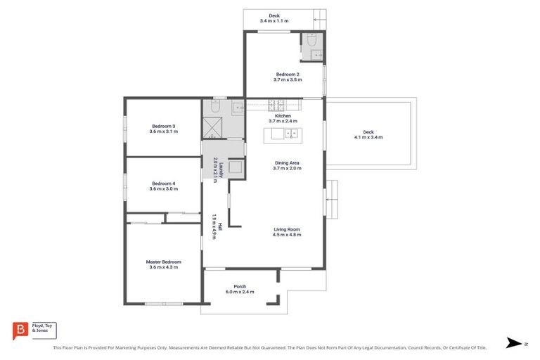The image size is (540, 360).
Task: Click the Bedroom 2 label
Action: point(288,74)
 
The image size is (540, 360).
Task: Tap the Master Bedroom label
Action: point(163,261)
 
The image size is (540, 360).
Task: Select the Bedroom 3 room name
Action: point(163,126)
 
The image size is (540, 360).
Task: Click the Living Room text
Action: point(288,229)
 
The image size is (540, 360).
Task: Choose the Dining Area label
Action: point(288,163)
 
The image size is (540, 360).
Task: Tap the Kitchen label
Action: point(283,116)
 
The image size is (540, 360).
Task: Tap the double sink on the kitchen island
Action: point(290,134)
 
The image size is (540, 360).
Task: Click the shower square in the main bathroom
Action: point(213,128)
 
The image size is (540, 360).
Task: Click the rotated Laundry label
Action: point(220,169)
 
